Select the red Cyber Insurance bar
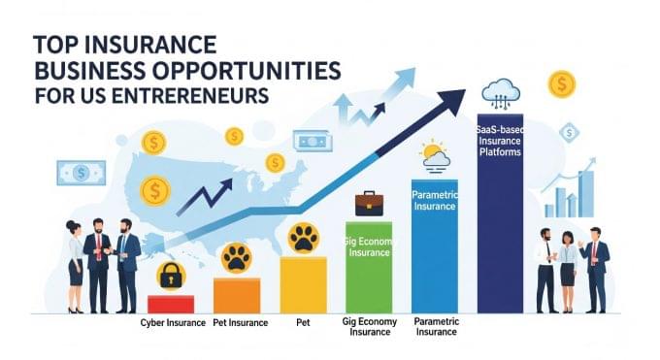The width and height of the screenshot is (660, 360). tap(171, 304)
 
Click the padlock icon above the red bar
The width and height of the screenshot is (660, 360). tap(171, 274)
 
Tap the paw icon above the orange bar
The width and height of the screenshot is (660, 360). tap(237, 258)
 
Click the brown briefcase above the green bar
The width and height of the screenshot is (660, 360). tap(368, 203)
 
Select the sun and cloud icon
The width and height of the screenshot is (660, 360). tap(433, 155)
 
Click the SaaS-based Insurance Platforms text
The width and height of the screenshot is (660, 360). tap(499, 140)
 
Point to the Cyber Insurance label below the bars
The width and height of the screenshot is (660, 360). tap(172, 321)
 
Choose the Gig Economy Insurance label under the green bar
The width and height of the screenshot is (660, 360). tap(368, 326)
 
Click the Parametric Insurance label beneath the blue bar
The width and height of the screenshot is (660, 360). tap(435, 326)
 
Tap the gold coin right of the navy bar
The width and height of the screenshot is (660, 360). tap(561, 84)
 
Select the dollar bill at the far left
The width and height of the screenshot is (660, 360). tap(82, 173)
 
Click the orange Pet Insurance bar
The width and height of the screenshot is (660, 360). tap(237, 295)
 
